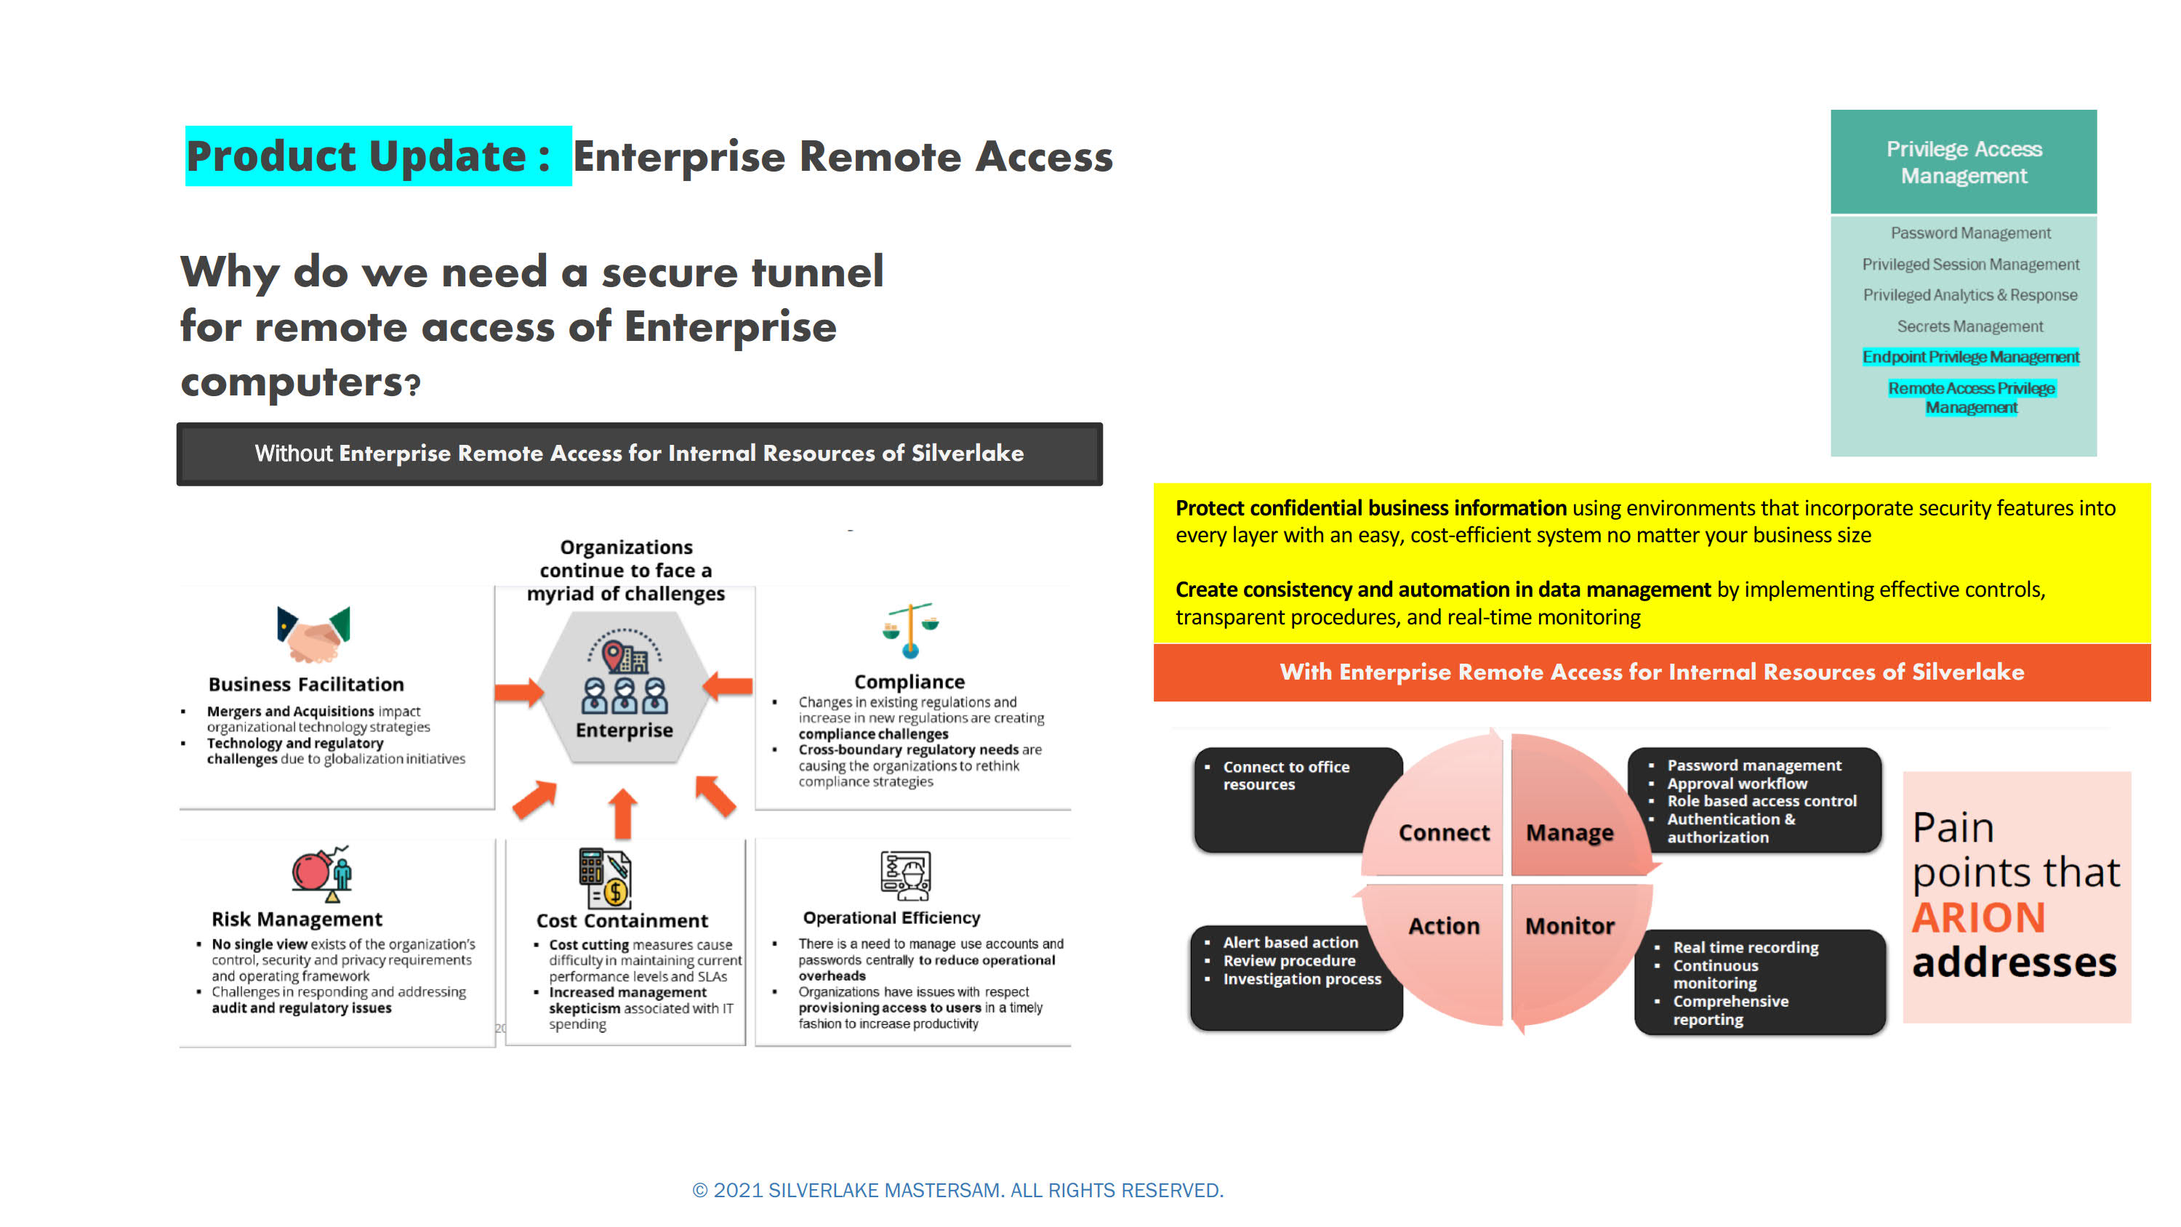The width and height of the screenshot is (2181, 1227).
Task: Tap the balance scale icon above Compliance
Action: pyautogui.click(x=910, y=630)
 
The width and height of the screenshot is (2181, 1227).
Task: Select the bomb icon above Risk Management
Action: pyautogui.click(x=322, y=873)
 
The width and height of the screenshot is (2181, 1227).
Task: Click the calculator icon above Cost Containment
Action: pyautogui.click(x=605, y=877)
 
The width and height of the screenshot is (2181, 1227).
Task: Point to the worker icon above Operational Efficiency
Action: pyautogui.click(x=905, y=874)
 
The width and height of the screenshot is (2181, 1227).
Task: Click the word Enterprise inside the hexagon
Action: pyautogui.click(x=624, y=730)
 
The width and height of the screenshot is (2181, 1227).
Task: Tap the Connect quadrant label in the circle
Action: pyautogui.click(x=1444, y=832)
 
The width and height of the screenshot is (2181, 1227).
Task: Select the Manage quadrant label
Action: pyautogui.click(x=1570, y=833)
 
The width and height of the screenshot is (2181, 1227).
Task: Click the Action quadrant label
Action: pyautogui.click(x=1444, y=925)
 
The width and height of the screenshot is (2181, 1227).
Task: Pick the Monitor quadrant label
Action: pyautogui.click(x=1570, y=925)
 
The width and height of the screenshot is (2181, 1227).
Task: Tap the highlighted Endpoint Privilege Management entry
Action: pyautogui.click(x=1970, y=356)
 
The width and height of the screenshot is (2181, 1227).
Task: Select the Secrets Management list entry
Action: pyautogui.click(x=1969, y=326)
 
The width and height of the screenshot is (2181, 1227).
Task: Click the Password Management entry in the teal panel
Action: pyautogui.click(x=1970, y=233)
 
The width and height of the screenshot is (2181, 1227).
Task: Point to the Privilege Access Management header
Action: pyautogui.click(x=1964, y=162)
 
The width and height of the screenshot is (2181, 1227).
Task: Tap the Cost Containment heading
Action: pyautogui.click(x=622, y=920)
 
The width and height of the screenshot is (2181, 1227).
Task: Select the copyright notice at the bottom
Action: pyautogui.click(x=957, y=1190)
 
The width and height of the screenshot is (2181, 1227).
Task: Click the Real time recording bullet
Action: pyautogui.click(x=1745, y=946)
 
